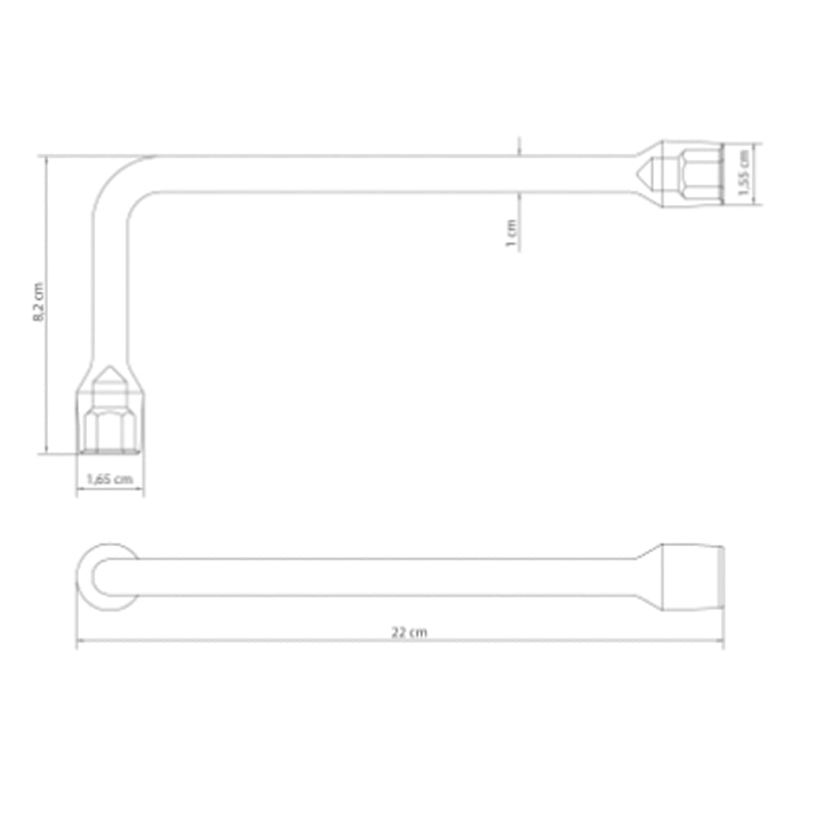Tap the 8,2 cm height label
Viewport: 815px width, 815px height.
click(x=37, y=303)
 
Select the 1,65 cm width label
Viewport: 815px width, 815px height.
click(x=110, y=479)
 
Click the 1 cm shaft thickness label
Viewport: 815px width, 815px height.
click(x=512, y=234)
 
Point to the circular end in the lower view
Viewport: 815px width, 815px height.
click(x=109, y=576)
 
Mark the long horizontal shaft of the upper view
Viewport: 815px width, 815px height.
click(x=367, y=174)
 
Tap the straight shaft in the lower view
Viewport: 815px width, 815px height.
click(x=367, y=576)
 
